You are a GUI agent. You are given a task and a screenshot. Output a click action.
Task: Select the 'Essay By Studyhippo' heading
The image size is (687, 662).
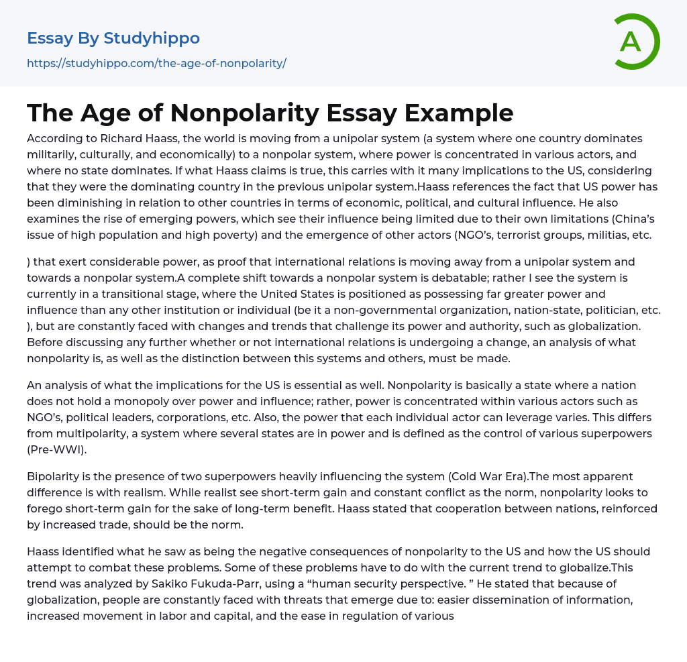point(113,38)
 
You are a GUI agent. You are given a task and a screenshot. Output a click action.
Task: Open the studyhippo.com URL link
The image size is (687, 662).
point(156,64)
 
